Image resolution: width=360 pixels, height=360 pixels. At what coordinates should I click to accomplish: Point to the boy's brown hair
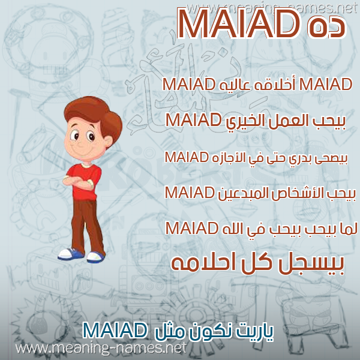pyautogui.click(x=94, y=115)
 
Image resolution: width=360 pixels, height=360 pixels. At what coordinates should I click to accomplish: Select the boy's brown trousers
pyautogui.click(x=87, y=227)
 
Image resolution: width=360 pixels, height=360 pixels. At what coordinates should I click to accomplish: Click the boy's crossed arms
pyautogui.click(x=78, y=181)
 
